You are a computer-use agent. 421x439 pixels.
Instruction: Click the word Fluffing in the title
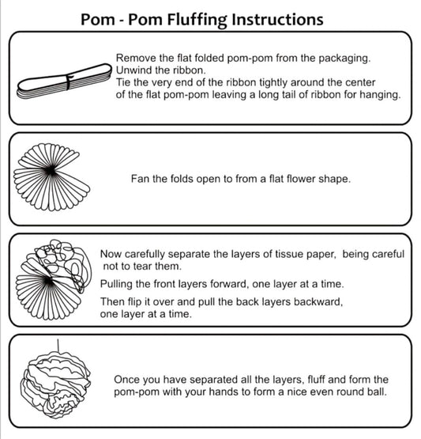coord(197,20)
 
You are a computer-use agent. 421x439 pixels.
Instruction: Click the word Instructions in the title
coord(277,20)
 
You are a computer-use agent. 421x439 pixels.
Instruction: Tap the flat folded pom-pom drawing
coord(64,81)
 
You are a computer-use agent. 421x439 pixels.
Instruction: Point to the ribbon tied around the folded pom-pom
coord(69,81)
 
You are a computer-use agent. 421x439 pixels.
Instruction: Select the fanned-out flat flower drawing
coord(51,177)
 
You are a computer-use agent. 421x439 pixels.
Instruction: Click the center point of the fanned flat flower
coord(51,171)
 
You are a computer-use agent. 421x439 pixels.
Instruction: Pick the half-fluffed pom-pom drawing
coord(54,279)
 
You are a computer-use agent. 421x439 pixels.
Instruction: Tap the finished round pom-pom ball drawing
coord(55,384)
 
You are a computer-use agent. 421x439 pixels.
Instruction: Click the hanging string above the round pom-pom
coord(58,346)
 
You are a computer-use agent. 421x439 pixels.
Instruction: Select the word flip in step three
coord(134,302)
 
